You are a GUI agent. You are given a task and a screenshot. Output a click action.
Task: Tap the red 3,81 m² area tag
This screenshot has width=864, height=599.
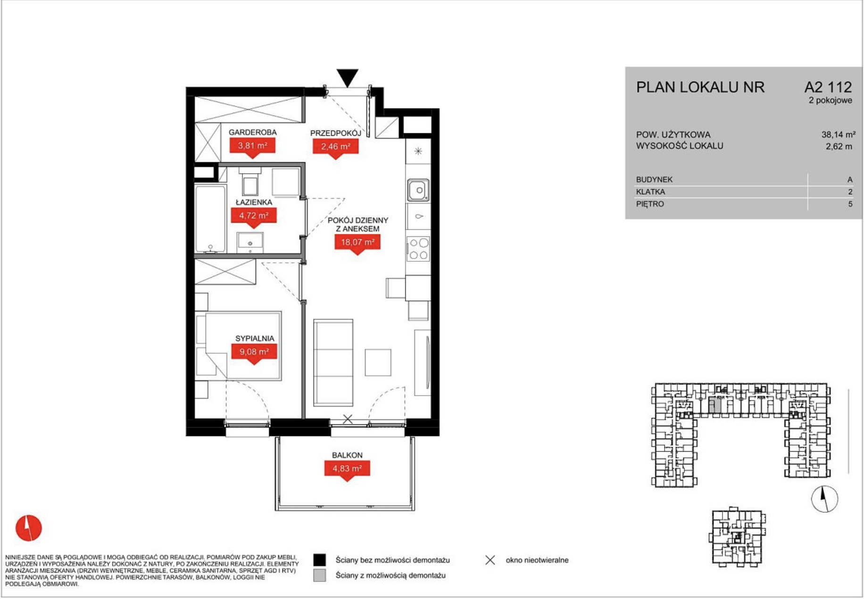point(252,147)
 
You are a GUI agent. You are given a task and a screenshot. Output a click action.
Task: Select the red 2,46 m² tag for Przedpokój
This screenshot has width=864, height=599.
point(335,148)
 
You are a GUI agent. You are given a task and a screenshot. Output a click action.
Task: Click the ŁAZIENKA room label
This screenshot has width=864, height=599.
point(254,202)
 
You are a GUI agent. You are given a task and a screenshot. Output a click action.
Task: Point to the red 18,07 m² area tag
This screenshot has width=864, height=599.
point(357,244)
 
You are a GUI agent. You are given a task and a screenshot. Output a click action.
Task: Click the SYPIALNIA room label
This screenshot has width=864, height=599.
point(255,338)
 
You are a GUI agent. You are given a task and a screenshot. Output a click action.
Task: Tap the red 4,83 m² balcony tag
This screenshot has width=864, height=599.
point(347,470)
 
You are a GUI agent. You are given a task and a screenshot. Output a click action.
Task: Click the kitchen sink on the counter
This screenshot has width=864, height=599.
point(418,191)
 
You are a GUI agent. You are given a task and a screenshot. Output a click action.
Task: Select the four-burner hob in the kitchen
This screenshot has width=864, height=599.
point(418,249)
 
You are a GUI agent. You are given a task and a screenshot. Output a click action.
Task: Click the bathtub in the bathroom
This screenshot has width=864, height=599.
point(210,219)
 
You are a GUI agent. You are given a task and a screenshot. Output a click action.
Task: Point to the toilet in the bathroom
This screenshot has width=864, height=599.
point(250,182)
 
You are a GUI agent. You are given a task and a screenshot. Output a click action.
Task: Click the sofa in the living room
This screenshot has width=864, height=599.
point(333,362)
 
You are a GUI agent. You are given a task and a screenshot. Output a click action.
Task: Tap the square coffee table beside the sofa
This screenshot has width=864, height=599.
point(378,362)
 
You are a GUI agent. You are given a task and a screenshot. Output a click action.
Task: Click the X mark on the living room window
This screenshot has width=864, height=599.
point(348,419)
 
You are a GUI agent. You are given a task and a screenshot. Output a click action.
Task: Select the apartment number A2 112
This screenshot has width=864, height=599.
point(828,87)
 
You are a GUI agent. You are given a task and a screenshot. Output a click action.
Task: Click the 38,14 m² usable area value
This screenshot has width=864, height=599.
point(839,134)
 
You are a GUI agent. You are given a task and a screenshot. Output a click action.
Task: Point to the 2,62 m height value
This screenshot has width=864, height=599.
point(839,146)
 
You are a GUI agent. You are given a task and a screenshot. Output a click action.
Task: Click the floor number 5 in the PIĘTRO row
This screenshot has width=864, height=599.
point(850,204)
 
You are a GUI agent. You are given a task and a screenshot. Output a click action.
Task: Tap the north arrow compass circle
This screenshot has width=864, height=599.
point(824,499)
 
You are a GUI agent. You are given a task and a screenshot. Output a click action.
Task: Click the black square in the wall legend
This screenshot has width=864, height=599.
point(320,560)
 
